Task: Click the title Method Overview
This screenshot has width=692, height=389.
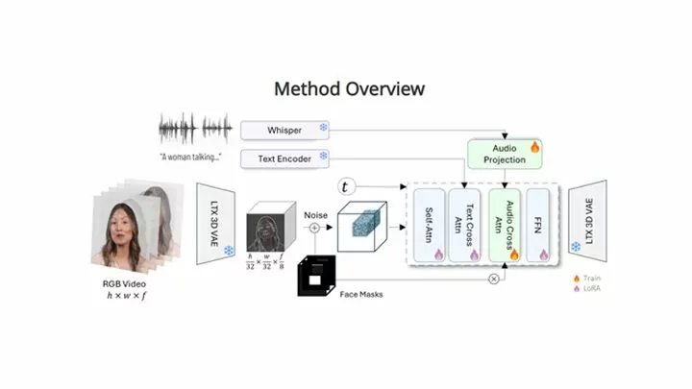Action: [x=349, y=89]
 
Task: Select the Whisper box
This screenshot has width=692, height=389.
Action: [x=285, y=129]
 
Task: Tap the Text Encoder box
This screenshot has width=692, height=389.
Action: [x=285, y=157]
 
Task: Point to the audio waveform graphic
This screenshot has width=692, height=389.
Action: [x=195, y=129]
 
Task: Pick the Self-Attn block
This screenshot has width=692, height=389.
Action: [x=431, y=227]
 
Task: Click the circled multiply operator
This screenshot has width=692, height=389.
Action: [x=495, y=278]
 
